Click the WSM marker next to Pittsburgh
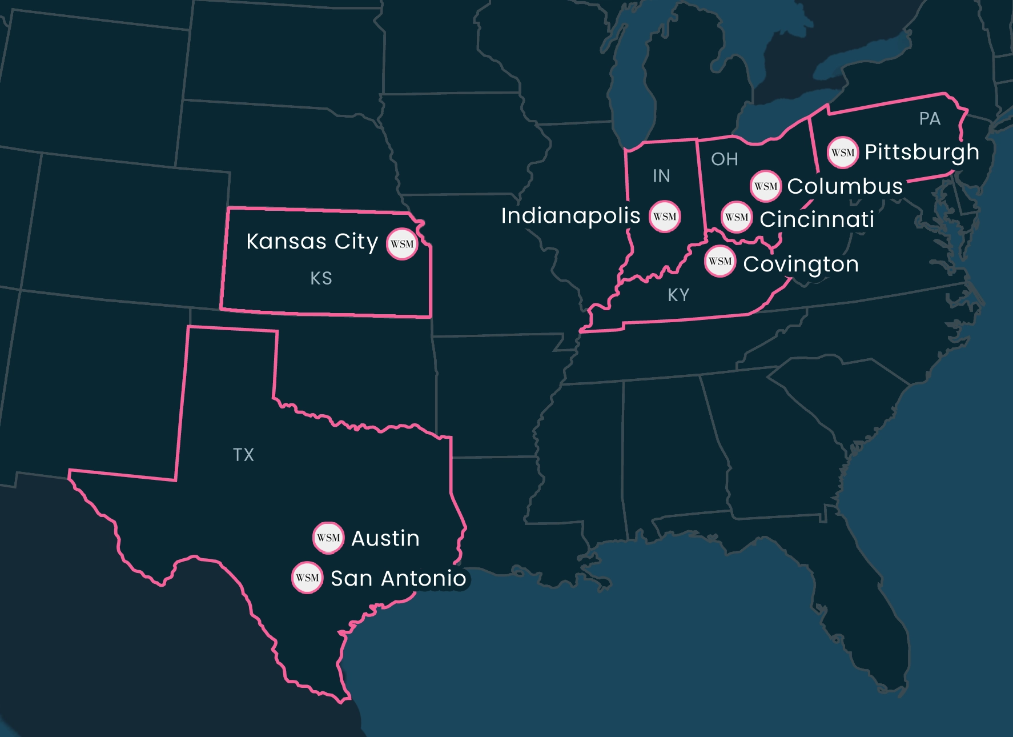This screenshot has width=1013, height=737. pos(842,153)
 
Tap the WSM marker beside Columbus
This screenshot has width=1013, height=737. pos(765,186)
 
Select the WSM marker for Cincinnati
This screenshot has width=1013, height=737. pos(737,217)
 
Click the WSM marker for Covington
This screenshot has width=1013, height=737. pos(719,262)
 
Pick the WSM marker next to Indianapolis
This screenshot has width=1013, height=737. pos(665,217)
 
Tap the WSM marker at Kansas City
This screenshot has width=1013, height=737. pos(402,244)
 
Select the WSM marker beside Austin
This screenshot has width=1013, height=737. pos(328,538)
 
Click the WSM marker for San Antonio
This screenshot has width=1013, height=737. pos(307,578)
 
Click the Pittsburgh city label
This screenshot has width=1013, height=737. pos(922,153)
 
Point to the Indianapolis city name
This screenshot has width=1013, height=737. pos(570,216)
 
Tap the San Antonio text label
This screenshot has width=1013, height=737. pos(398,578)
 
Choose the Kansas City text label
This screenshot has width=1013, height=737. pos(312,242)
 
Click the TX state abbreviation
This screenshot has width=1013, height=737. pos(243,455)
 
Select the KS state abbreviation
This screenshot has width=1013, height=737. pos(321,278)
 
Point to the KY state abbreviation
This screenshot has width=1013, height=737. pos(678,295)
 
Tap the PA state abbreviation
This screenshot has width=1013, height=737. pos(930,119)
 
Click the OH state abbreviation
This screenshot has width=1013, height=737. pos(724,159)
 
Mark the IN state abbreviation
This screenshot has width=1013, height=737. pos(661,176)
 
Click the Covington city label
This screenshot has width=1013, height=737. pos(801,265)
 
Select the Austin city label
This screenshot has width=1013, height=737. pos(385,538)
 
